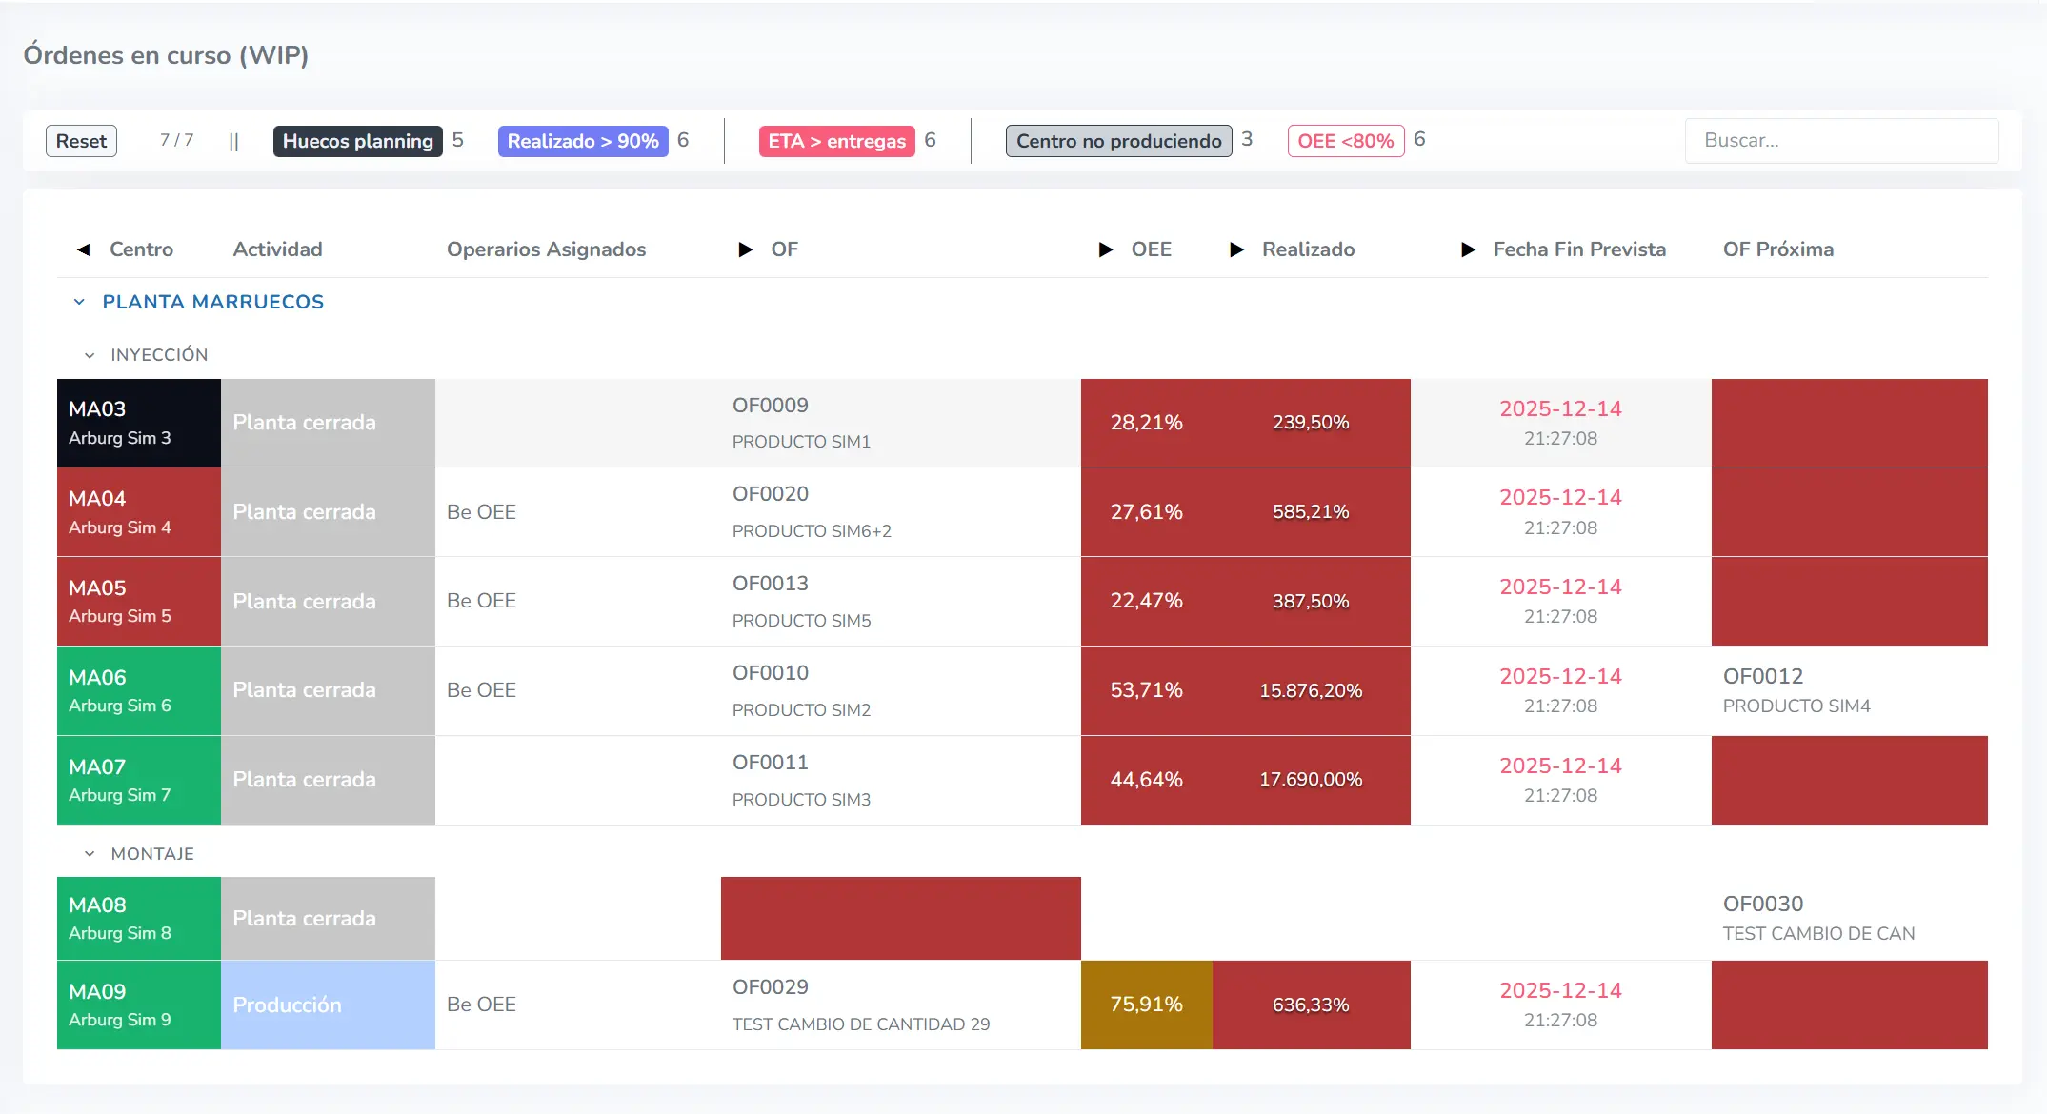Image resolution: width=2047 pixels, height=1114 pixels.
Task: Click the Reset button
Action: [x=81, y=141]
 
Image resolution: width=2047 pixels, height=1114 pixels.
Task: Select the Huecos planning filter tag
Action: [x=357, y=141]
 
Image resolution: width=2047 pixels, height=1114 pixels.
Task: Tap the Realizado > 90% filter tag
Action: [x=582, y=141]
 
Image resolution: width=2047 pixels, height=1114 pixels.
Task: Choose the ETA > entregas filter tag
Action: [x=836, y=141]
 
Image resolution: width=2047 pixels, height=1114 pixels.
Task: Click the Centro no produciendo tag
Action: [x=1118, y=141]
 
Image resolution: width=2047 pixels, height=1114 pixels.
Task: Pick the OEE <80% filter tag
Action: [x=1345, y=141]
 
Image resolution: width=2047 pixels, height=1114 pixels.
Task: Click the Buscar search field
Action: [x=1840, y=141]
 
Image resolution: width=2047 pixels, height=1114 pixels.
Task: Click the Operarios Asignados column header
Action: [x=546, y=249]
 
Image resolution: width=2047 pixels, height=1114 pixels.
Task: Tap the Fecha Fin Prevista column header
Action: [x=1578, y=249]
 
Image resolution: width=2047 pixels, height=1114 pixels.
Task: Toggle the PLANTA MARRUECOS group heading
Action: [x=212, y=302]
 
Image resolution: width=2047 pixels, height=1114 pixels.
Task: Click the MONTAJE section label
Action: [x=152, y=854]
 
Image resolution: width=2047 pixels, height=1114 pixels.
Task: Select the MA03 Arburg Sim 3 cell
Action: [x=139, y=423]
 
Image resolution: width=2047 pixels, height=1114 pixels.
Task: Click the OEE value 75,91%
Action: [x=1146, y=1005]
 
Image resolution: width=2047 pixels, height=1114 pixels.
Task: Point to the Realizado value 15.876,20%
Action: [x=1310, y=690]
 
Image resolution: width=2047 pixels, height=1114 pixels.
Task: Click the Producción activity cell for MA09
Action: [x=328, y=1005]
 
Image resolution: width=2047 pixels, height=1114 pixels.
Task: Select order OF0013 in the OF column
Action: [x=770, y=584]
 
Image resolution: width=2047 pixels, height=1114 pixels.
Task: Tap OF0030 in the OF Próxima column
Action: [x=1762, y=904]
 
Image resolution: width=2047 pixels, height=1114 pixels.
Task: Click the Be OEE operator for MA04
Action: [x=481, y=512]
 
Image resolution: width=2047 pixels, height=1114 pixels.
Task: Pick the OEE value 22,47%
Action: [x=1146, y=601]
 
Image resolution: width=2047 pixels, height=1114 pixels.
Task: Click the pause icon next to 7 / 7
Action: [x=233, y=142]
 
